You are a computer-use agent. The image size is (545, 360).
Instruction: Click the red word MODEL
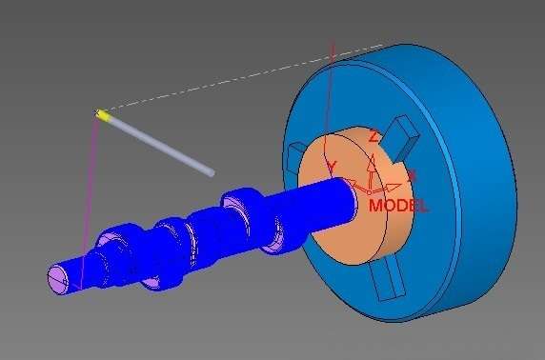(x=398, y=206)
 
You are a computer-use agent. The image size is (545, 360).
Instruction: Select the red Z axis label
(x=373, y=136)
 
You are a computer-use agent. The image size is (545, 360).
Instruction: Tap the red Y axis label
(x=332, y=166)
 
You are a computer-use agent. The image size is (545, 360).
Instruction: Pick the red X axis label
(x=412, y=175)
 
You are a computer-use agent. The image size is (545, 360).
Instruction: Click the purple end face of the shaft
(x=58, y=279)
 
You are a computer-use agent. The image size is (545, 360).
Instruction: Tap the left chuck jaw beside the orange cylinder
(x=294, y=155)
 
